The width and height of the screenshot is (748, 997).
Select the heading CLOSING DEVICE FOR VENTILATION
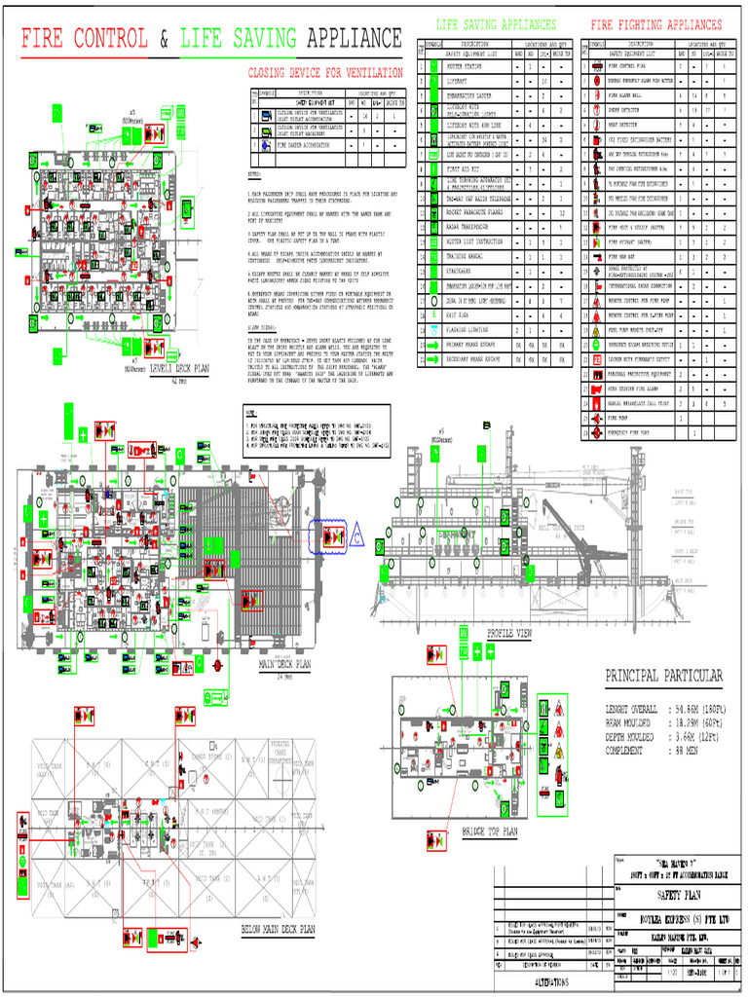pyautogui.click(x=329, y=73)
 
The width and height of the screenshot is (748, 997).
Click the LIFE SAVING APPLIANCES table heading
pyautogui.click(x=497, y=24)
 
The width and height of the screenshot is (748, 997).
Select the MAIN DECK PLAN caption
pyautogui.click(x=284, y=665)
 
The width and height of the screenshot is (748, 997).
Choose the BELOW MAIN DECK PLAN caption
pyautogui.click(x=278, y=930)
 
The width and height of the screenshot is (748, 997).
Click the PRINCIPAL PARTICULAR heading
pyautogui.click(x=664, y=676)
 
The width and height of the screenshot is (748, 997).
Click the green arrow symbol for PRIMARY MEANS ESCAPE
pyautogui.click(x=431, y=345)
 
